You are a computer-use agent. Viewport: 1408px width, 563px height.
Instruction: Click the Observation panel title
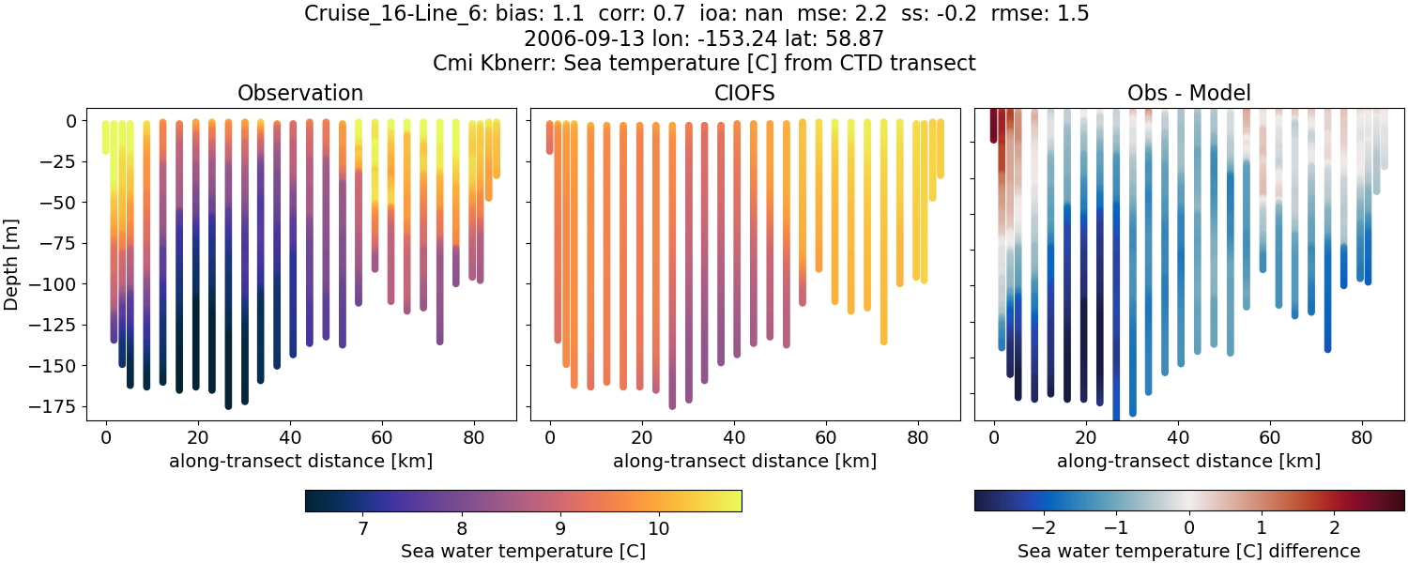(299, 93)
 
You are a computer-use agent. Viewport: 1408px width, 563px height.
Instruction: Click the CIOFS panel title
(744, 93)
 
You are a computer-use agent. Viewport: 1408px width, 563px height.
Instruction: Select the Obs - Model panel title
(1188, 93)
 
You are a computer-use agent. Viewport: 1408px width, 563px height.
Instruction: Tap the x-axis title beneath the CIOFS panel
(744, 461)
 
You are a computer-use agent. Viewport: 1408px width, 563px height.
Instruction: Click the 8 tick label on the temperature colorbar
(461, 528)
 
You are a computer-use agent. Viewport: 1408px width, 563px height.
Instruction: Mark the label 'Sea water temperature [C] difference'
(1188, 551)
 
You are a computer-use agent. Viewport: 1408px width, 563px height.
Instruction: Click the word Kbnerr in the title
(516, 63)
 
